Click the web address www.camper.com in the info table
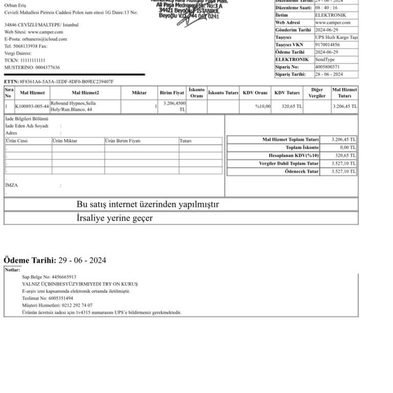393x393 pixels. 333,23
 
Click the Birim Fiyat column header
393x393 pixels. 172,93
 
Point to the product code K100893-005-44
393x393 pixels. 32,106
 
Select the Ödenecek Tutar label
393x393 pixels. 301,171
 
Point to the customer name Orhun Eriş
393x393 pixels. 15,5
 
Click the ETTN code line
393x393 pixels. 59,81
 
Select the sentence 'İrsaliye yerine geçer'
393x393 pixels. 115,219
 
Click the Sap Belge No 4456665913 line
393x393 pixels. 49,276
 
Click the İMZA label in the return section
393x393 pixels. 11,185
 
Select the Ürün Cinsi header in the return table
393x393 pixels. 17,141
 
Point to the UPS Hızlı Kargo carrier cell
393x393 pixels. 336,37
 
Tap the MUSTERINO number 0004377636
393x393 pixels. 48,68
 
